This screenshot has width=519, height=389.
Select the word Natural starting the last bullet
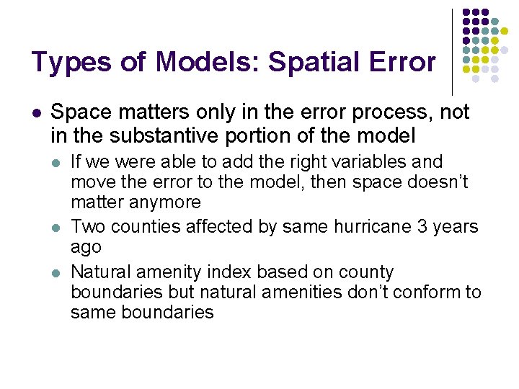(99, 272)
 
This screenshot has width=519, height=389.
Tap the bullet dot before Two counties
(57, 228)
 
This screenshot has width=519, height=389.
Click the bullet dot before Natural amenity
(57, 273)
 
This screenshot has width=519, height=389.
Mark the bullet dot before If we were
(57, 162)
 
